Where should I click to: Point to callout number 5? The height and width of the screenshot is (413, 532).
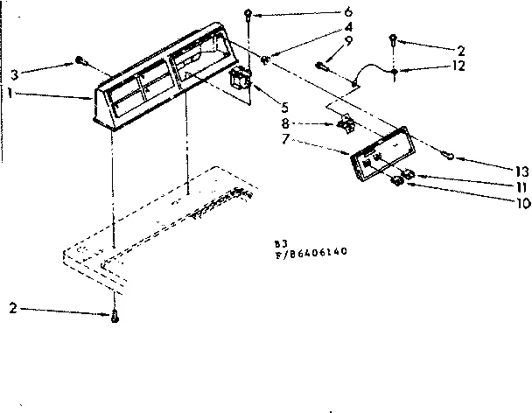(284, 108)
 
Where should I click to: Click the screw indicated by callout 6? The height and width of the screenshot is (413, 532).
(250, 14)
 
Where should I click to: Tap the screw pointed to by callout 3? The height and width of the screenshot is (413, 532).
(80, 60)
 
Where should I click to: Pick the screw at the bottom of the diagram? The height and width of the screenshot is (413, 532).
(114, 315)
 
